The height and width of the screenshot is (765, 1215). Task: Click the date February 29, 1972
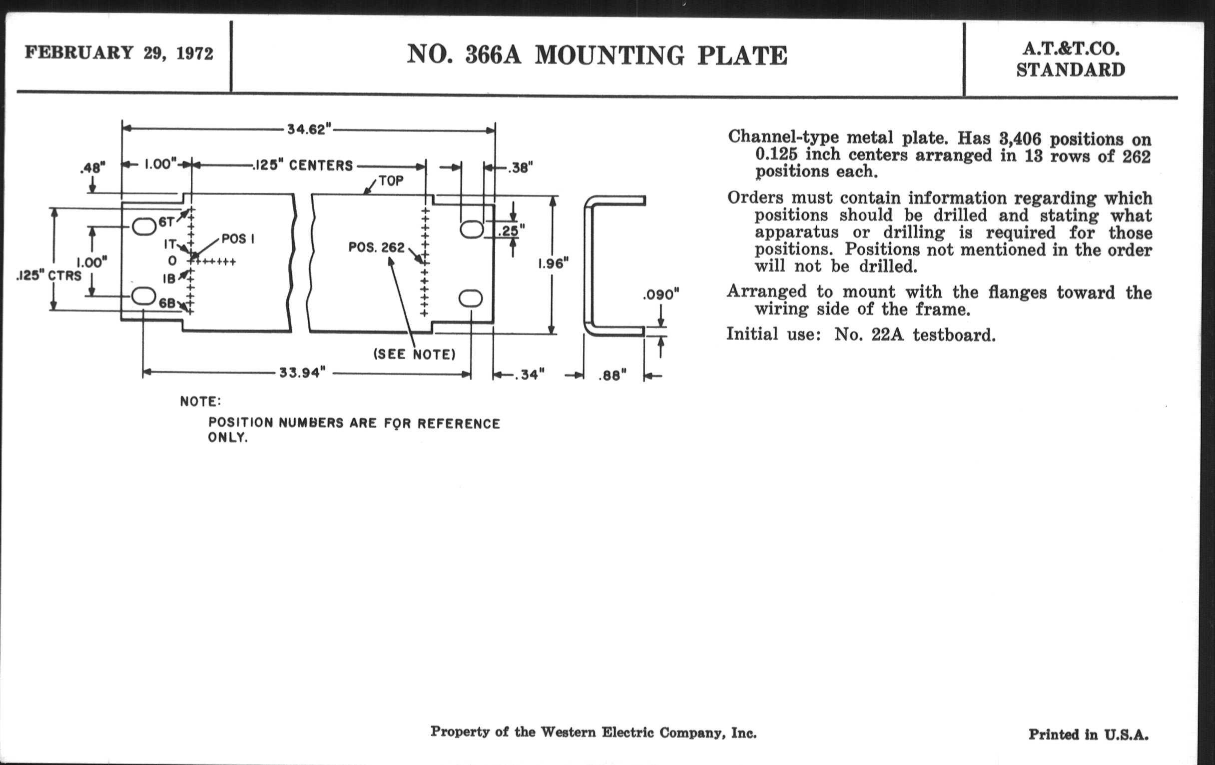click(x=119, y=53)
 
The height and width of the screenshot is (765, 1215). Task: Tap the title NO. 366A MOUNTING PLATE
click(x=597, y=55)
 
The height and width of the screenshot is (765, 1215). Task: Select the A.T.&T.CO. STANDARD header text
click(x=1070, y=59)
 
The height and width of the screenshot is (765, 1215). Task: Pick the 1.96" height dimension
click(x=553, y=263)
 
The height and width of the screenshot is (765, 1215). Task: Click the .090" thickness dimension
click(x=661, y=294)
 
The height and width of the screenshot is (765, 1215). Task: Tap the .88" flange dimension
click(x=612, y=375)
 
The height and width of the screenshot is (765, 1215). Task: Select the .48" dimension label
click(x=92, y=167)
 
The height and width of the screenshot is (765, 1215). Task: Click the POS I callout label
click(x=238, y=239)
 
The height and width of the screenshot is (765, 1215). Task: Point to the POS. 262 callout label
click(x=376, y=247)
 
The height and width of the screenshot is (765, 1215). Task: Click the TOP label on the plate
click(x=391, y=181)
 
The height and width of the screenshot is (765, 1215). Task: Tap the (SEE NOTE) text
click(x=414, y=354)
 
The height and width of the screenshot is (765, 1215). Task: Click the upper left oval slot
click(x=144, y=226)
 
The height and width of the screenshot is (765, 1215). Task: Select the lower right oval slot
click(x=470, y=298)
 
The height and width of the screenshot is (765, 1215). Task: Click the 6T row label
click(x=166, y=221)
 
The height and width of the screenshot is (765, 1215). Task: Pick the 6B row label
click(x=167, y=303)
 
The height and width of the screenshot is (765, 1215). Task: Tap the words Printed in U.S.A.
click(x=1088, y=734)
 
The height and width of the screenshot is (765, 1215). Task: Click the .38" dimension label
click(x=520, y=168)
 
